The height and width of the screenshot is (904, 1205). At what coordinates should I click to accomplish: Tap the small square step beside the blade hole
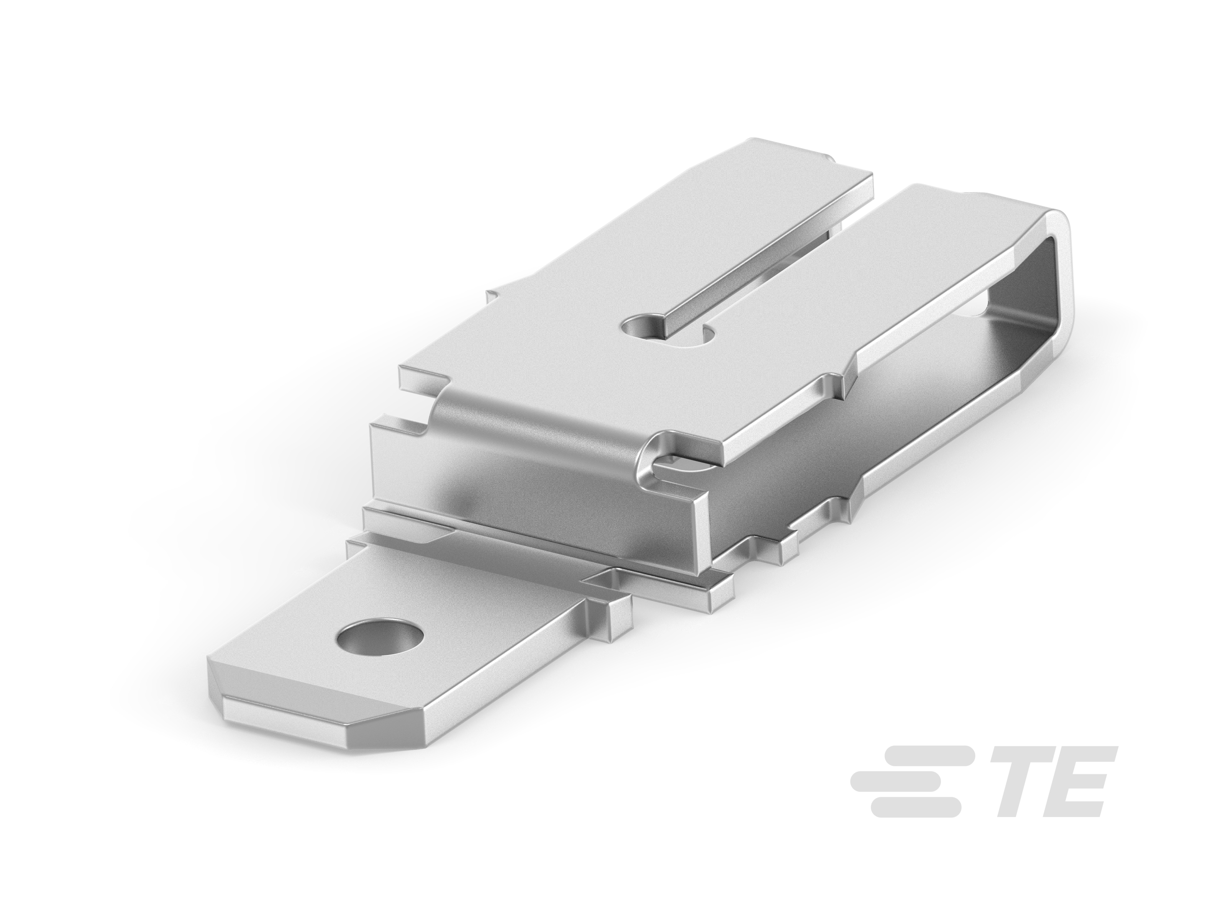610,621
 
